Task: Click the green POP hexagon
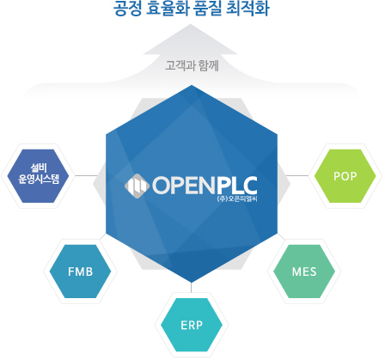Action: tap(345, 176)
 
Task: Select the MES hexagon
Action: tap(304, 272)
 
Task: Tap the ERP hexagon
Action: tap(192, 325)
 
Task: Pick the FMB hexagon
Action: tap(80, 272)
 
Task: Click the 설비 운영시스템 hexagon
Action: tap(38, 176)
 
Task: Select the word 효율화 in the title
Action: tap(167, 9)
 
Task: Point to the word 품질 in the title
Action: tap(208, 9)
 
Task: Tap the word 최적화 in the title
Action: tap(247, 9)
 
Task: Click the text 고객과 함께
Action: tap(192, 65)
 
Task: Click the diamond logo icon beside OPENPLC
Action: tap(137, 186)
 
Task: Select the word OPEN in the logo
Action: tap(183, 186)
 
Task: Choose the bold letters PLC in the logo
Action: tap(236, 186)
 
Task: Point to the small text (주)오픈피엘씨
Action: tap(237, 198)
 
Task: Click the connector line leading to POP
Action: tap(297, 175)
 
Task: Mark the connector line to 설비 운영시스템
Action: tap(86, 175)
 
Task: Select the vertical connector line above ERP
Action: tap(191, 287)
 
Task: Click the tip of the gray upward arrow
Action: tap(191, 24)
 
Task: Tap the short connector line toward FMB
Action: tap(103, 236)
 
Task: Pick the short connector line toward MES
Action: tap(281, 236)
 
